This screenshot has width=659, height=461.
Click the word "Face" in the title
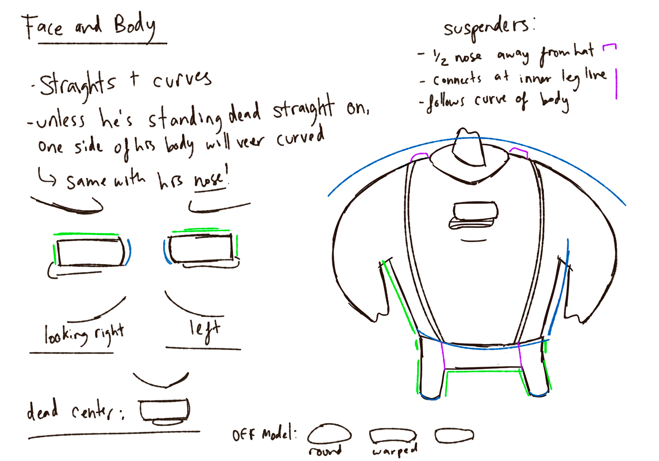point(43,27)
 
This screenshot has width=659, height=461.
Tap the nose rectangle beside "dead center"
point(164,410)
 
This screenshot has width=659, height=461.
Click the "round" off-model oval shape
point(329,434)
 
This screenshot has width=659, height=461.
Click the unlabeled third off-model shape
point(454,436)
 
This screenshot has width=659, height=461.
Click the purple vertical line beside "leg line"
point(616,84)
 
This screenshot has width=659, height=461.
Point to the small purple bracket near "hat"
point(610,47)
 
